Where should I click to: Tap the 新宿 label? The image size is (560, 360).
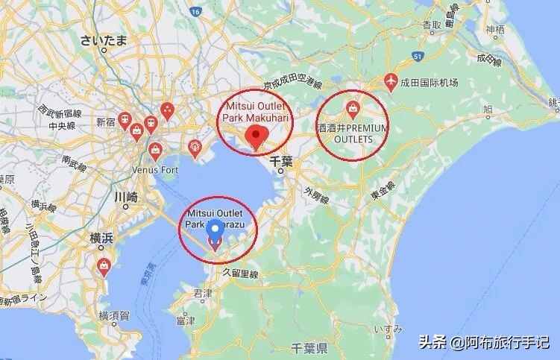tap(105, 121)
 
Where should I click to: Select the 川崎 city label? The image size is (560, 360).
tap(125, 198)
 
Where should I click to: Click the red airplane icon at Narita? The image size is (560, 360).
tap(389, 79)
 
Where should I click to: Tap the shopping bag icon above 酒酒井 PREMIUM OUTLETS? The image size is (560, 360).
tap(351, 109)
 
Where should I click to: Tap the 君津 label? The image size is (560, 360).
tap(202, 293)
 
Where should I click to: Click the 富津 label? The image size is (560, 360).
tap(185, 320)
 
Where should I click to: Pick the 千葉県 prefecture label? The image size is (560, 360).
tap(310, 349)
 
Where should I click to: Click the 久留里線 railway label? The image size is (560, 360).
tap(239, 274)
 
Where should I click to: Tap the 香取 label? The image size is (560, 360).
tap(432, 25)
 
